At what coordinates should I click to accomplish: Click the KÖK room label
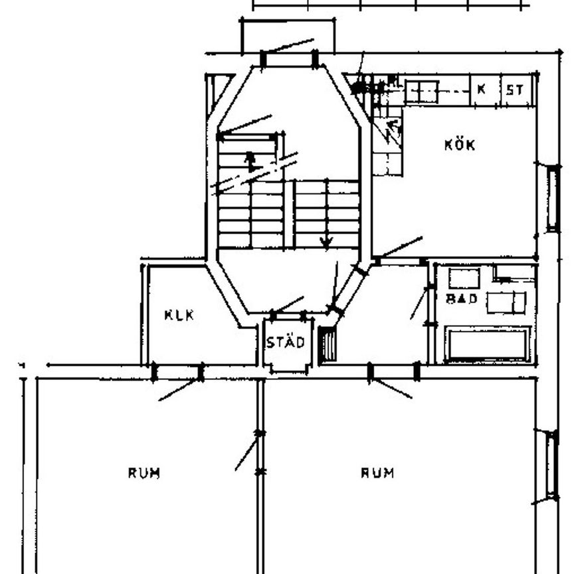click(460, 144)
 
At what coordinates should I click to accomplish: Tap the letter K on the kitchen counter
click(482, 89)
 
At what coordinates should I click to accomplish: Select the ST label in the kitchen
click(515, 90)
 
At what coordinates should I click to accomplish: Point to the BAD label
click(462, 299)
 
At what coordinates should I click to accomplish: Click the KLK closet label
click(179, 315)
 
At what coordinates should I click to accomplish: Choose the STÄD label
click(286, 343)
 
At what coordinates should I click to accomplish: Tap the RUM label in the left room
click(143, 473)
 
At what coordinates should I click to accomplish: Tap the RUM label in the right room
click(377, 473)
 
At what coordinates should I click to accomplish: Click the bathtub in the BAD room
click(488, 344)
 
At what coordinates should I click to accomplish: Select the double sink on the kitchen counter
click(421, 91)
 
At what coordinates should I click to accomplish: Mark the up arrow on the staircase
click(250, 160)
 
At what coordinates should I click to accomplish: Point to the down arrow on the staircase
click(326, 240)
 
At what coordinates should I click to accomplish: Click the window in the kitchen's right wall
click(552, 199)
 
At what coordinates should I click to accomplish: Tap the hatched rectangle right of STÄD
click(327, 345)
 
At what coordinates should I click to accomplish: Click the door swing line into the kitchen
click(399, 247)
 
